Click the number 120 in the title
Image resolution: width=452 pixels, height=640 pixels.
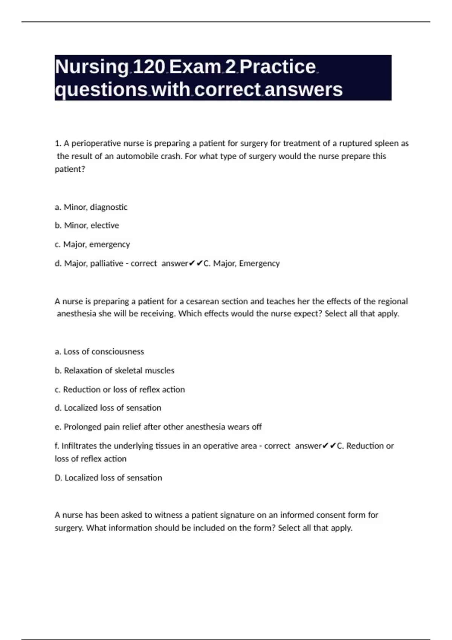pyautogui.click(x=149, y=67)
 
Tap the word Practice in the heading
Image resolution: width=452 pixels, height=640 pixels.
pyautogui.click(x=278, y=67)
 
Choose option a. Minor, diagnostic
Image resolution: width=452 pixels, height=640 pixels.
pyautogui.click(x=91, y=207)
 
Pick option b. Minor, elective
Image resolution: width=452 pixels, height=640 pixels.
pyautogui.click(x=87, y=226)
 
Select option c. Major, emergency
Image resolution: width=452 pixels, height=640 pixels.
pyautogui.click(x=92, y=245)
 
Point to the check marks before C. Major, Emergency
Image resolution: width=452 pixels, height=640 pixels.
pyautogui.click(x=196, y=264)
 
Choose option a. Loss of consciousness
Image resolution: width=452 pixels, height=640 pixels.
pyautogui.click(x=99, y=352)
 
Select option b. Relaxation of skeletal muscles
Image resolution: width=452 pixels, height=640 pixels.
pyautogui.click(x=115, y=370)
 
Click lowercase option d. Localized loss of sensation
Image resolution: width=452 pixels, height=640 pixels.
pyautogui.click(x=108, y=408)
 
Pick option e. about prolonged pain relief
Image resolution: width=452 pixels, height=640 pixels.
pyautogui.click(x=158, y=427)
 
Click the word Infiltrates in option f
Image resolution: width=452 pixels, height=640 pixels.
pyautogui.click(x=79, y=446)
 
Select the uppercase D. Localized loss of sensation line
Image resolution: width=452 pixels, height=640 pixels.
pyautogui.click(x=108, y=478)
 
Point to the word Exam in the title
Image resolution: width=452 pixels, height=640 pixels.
pyautogui.click(x=195, y=67)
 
